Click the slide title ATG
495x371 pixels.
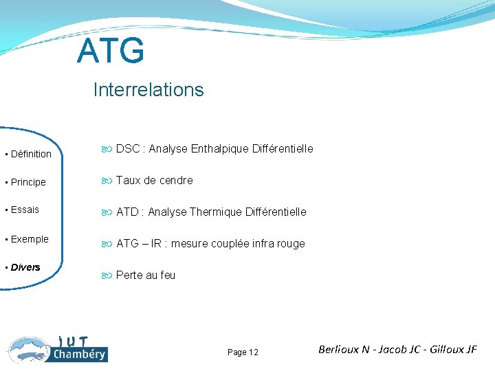111,52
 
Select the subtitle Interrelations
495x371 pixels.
148,90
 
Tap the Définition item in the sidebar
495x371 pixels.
30,154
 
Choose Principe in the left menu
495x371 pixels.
27,182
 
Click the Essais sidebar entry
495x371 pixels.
25,210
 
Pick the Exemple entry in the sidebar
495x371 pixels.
29,239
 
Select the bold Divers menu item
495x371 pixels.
25,267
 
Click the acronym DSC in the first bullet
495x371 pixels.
128,148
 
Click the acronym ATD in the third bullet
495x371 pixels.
128,212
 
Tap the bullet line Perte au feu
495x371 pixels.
145,275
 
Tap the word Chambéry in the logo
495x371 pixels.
79,355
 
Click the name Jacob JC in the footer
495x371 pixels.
398,349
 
